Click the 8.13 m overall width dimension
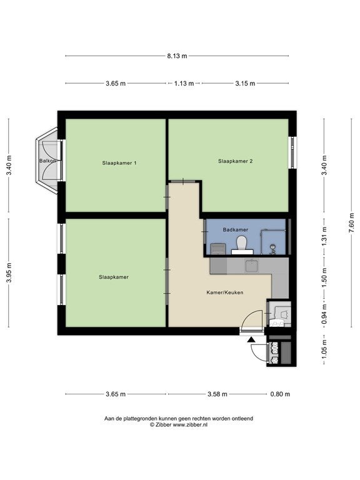[177, 56]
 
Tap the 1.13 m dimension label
[184, 83]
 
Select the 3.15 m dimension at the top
[245, 83]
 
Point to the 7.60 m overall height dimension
[351, 222]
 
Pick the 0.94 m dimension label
[324, 314]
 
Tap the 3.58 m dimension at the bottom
[217, 394]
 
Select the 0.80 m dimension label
[280, 394]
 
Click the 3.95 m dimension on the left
[9, 272]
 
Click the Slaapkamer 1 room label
[119, 163]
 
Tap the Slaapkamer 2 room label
[236, 161]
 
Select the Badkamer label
[236, 229]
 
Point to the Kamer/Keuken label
[225, 292]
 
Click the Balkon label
[47, 161]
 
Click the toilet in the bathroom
[242, 245]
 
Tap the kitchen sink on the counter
[252, 265]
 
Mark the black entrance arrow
[251, 339]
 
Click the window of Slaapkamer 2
[293, 152]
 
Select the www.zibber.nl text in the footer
[190, 424]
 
